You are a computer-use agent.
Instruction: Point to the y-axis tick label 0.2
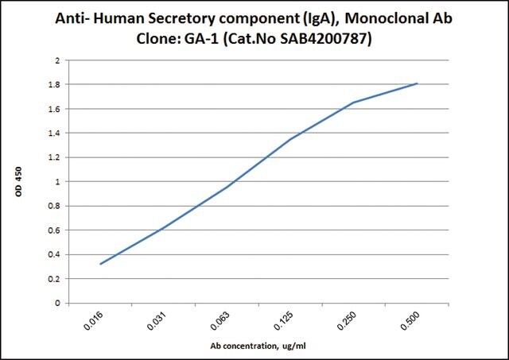click(x=54, y=279)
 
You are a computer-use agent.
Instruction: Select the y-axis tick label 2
click(x=58, y=60)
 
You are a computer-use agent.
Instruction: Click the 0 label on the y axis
click(x=58, y=304)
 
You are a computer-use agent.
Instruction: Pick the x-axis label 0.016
click(x=94, y=321)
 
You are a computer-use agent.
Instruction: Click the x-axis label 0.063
click(x=220, y=321)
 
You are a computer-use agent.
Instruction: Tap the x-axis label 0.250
click(x=347, y=321)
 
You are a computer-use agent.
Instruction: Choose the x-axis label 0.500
click(x=410, y=321)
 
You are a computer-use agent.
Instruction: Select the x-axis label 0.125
click(x=283, y=321)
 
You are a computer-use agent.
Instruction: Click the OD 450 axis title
click(x=18, y=182)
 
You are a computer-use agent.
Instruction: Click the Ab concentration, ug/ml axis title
click(x=258, y=346)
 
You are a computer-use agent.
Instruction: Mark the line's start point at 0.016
click(x=100, y=264)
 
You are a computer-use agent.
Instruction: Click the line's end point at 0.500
click(x=418, y=83)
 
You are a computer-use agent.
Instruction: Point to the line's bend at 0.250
click(x=353, y=103)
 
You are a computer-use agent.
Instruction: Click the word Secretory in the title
click(x=181, y=19)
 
